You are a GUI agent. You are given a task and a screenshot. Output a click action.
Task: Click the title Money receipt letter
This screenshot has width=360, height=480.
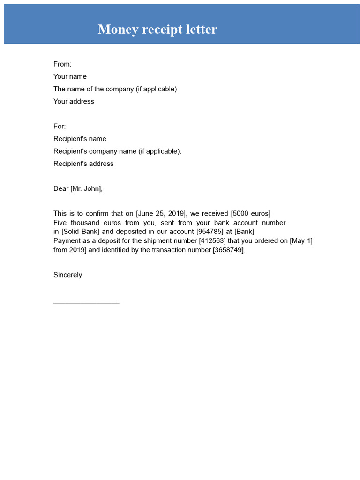(x=157, y=30)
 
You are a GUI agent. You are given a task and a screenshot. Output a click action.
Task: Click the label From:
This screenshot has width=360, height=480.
(x=62, y=64)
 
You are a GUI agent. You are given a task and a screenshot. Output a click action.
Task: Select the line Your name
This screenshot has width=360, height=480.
(x=70, y=77)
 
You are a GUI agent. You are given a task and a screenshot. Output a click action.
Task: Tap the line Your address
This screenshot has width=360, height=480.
(x=74, y=102)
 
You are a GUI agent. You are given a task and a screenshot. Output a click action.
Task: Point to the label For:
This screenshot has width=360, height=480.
(x=60, y=127)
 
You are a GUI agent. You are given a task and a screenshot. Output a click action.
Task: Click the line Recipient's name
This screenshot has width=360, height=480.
(x=80, y=139)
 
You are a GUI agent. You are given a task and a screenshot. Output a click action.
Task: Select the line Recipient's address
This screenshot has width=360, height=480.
(x=83, y=164)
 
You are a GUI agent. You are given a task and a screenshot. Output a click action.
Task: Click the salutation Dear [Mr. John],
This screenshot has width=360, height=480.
(x=78, y=189)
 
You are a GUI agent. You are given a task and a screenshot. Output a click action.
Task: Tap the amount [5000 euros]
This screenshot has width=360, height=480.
(x=251, y=214)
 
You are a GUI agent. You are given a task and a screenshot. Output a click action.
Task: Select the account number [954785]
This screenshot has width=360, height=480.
(x=211, y=232)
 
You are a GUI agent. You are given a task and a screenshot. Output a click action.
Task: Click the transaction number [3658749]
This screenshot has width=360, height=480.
(x=228, y=250)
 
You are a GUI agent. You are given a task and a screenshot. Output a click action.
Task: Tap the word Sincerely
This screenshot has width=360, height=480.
(x=67, y=275)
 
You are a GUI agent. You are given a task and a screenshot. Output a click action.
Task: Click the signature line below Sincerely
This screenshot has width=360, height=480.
(x=86, y=302)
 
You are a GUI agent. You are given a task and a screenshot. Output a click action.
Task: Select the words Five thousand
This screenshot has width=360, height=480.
(x=75, y=223)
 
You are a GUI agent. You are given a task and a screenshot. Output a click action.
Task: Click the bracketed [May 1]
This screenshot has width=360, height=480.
(x=301, y=241)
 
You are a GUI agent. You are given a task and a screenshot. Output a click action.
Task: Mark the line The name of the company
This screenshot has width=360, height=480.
(x=115, y=89)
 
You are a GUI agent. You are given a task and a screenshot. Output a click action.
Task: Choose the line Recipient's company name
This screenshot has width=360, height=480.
(x=117, y=151)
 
